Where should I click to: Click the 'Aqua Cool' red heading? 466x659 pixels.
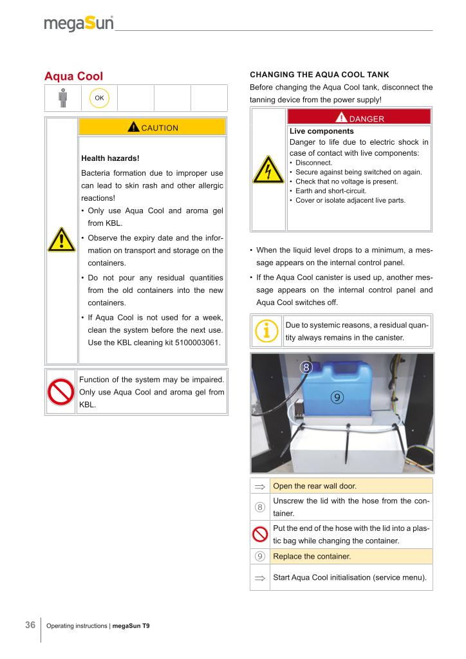tap(73, 76)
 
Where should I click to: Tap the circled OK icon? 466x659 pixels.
tap(100, 98)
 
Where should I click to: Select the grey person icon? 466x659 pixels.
tap(62, 98)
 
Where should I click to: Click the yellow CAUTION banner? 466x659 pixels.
tap(152, 127)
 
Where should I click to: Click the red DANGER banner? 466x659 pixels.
tap(359, 118)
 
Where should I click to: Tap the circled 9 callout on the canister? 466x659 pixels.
tap(337, 397)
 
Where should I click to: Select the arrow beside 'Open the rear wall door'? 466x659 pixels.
tap(260, 486)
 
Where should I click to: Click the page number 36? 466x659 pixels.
tap(30, 624)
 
